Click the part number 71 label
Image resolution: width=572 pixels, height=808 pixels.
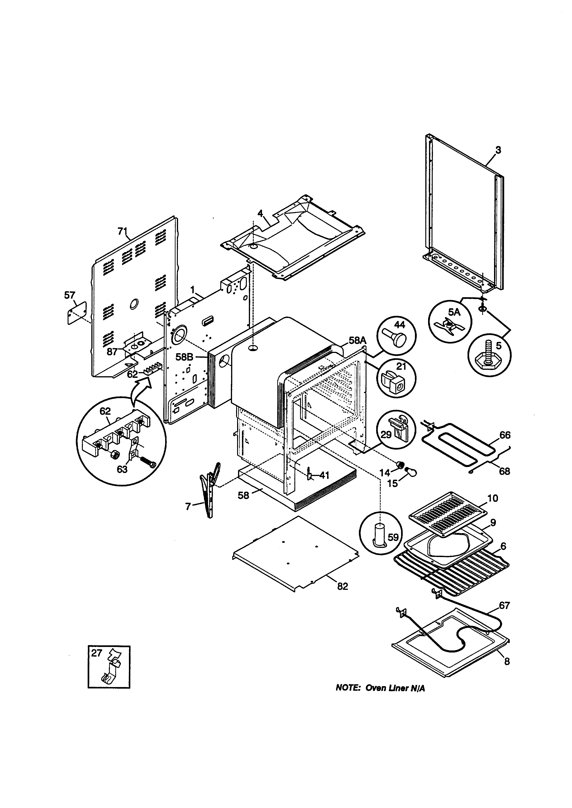(122, 231)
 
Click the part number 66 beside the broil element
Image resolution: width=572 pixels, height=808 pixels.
(505, 435)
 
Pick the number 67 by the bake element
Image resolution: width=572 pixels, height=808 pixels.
(504, 606)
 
